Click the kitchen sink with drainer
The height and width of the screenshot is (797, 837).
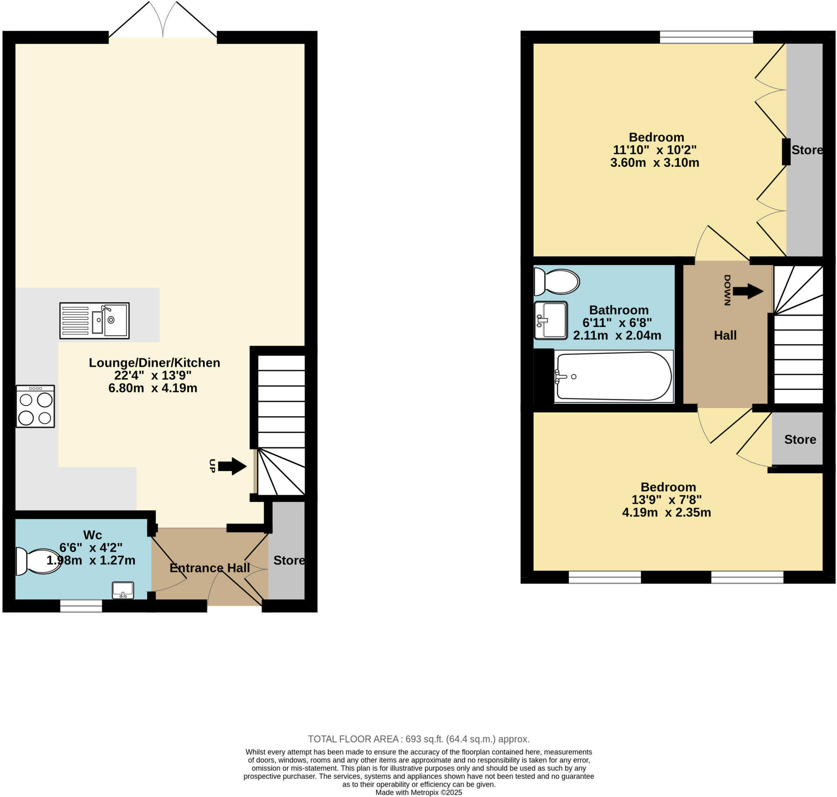tap(94, 321)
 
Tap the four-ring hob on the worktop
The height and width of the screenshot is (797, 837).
tap(35, 406)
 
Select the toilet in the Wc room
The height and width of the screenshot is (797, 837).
tap(38, 561)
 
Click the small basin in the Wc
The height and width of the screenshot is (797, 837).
tap(123, 590)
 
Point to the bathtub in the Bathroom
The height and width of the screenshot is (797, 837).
tap(613, 376)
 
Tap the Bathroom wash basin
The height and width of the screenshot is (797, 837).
tap(551, 320)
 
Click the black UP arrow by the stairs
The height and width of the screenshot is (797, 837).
tap(232, 466)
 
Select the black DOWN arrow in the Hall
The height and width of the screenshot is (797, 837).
tap(748, 291)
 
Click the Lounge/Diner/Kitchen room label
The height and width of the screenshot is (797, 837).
tap(154, 363)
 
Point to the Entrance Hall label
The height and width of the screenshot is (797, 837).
tap(209, 568)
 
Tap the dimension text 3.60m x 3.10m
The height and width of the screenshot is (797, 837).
tap(654, 163)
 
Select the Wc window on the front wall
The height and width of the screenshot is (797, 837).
tap(81, 606)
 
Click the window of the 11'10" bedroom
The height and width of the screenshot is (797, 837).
tap(706, 37)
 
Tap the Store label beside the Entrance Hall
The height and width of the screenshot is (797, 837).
tap(289, 561)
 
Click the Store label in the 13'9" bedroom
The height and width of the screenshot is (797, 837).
tap(800, 439)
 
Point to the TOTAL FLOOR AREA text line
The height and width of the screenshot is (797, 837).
tap(418, 739)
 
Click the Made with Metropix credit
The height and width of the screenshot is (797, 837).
tap(418, 792)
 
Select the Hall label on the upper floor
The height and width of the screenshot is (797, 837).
tap(725, 335)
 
